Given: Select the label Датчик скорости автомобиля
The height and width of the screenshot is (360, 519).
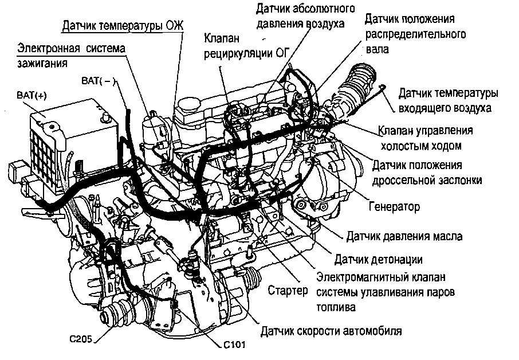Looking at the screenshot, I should tap(331, 331).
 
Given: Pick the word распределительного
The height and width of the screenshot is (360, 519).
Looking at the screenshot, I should tap(415, 34).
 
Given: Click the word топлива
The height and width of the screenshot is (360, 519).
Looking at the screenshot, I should tap(335, 307).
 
